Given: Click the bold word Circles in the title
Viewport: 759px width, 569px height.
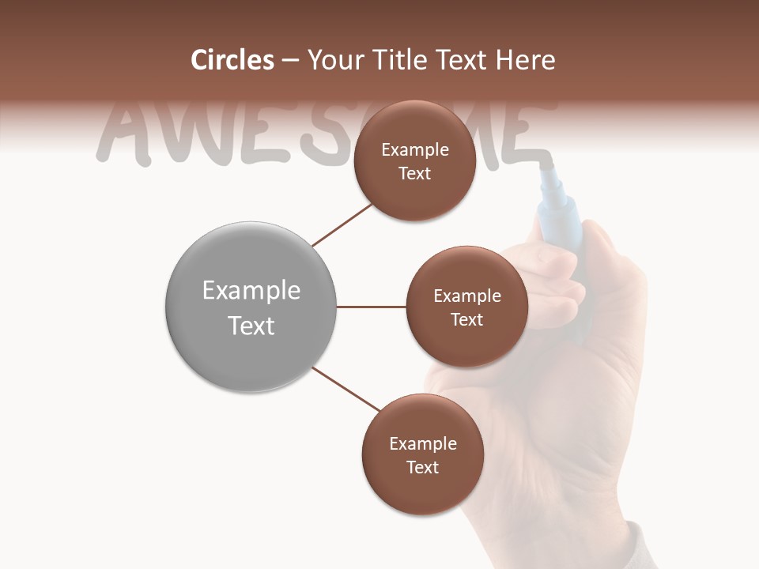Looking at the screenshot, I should click(x=232, y=60).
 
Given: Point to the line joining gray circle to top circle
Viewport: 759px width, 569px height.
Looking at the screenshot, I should click(x=342, y=225).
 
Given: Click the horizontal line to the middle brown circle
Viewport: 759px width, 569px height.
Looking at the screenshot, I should click(x=371, y=307).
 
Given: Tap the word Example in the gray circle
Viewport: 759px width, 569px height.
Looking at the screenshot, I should click(x=251, y=291).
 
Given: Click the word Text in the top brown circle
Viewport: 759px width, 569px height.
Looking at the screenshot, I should click(x=414, y=174).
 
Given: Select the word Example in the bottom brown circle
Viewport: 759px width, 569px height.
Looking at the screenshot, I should click(x=422, y=444).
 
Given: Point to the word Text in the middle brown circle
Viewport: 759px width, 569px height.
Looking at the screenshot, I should click(x=466, y=320).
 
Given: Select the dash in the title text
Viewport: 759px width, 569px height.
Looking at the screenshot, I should click(x=290, y=61).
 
